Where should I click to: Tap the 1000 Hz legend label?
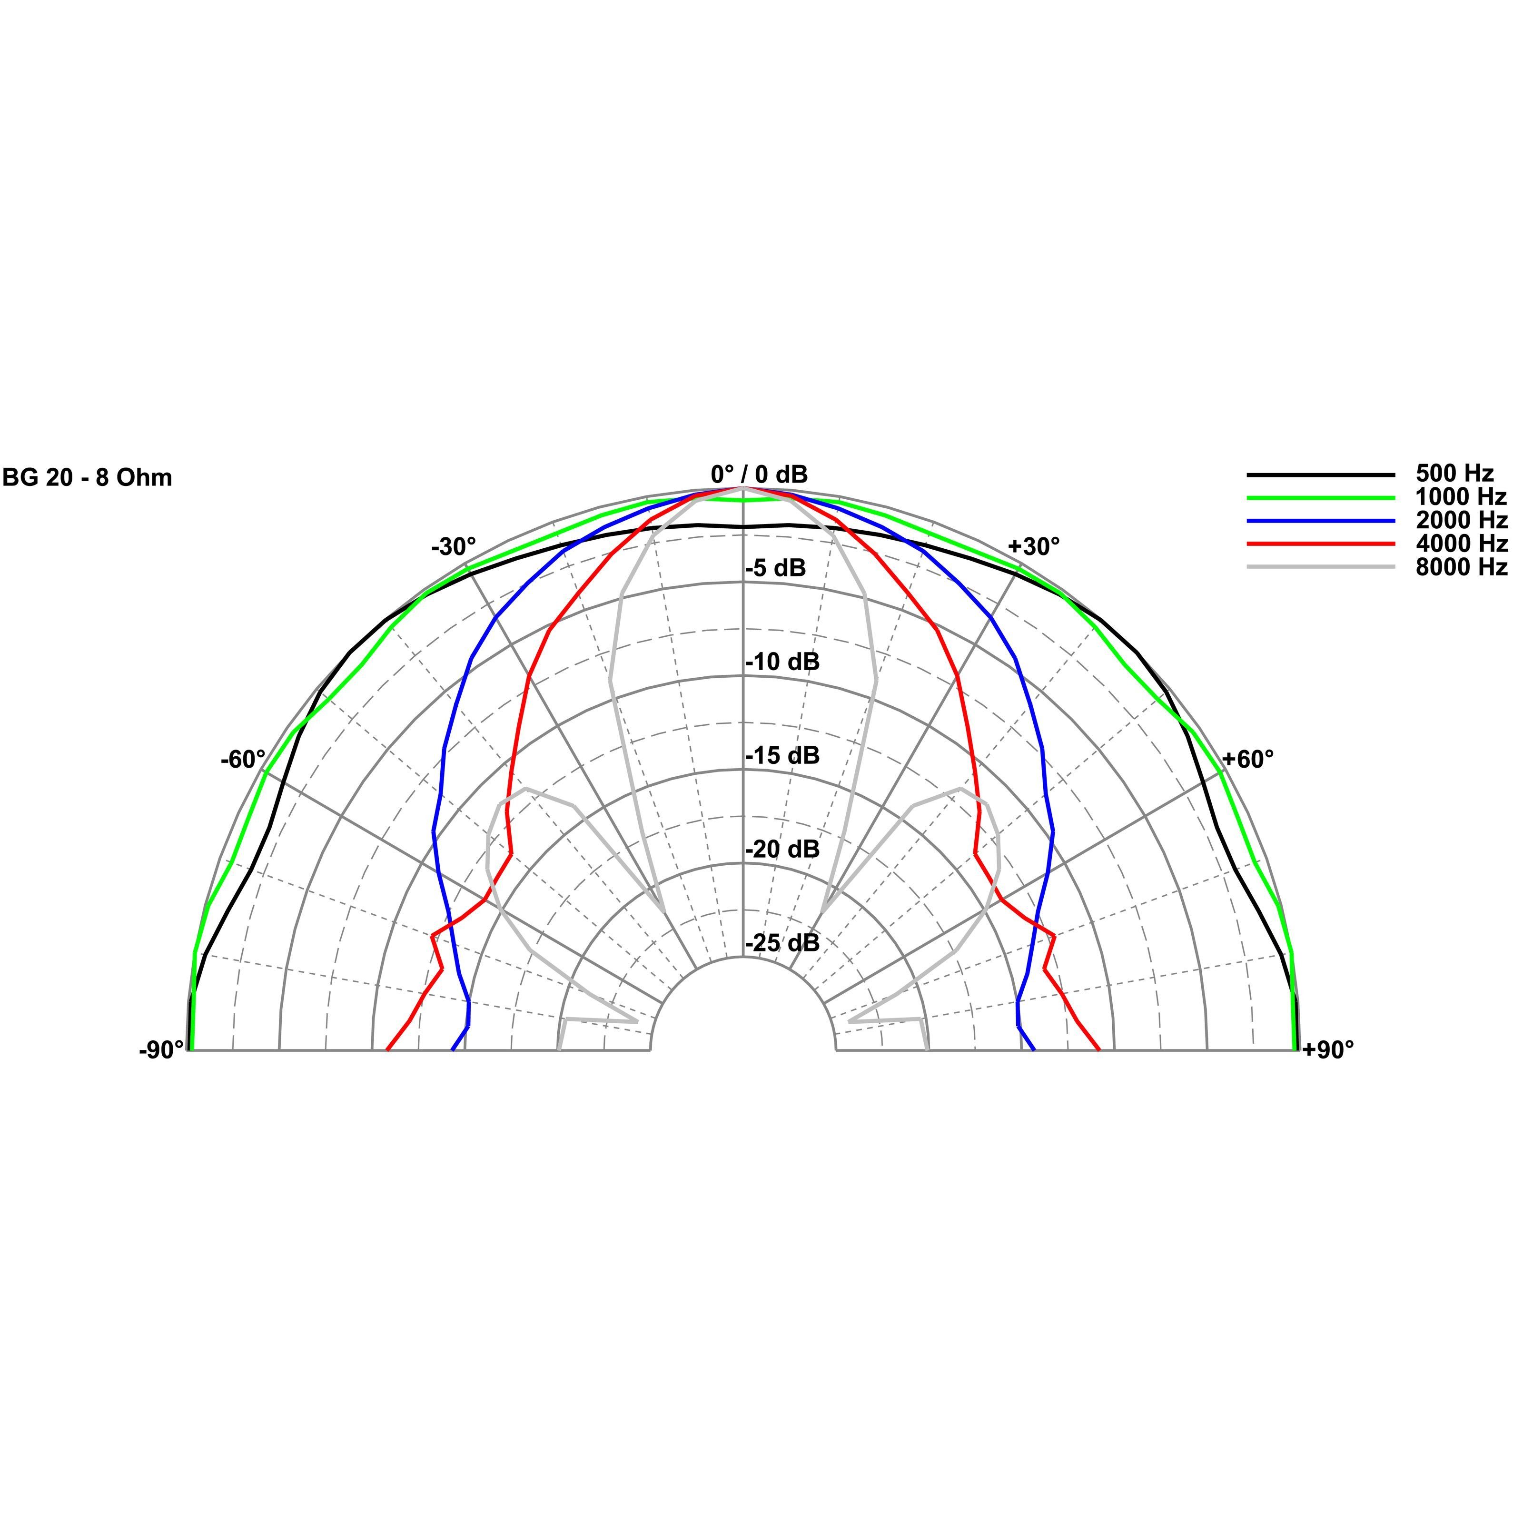click(1461, 497)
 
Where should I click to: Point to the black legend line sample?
click(1320, 475)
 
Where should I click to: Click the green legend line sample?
click(1320, 497)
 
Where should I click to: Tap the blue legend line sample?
click(1320, 521)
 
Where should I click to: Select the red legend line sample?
click(1320, 544)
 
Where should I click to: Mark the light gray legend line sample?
click(1320, 568)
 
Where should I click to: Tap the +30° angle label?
click(1033, 546)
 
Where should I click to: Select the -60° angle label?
click(243, 760)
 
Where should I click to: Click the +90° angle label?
click(1327, 1050)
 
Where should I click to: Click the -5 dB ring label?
click(776, 568)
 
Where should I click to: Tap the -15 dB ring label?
click(782, 756)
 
